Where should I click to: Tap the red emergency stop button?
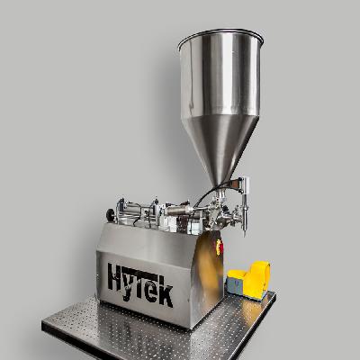pos(219,245)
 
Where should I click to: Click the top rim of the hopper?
pos(220,37)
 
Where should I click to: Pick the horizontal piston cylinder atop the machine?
pos(135,212)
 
